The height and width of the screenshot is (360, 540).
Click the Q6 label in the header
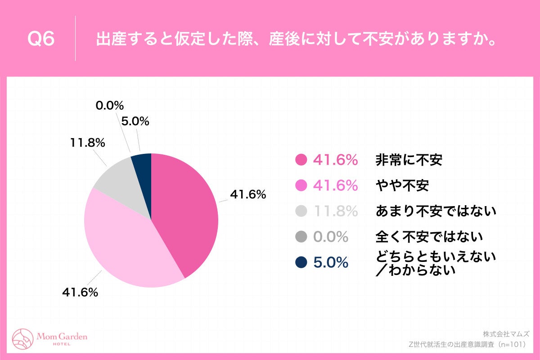41,40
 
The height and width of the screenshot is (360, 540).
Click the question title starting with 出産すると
296,40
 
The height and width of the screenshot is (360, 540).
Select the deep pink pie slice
184,211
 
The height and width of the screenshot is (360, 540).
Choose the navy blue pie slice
142,164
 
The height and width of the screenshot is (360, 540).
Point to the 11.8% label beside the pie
87,143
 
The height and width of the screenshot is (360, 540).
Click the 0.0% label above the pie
109,106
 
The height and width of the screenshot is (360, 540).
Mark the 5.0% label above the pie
135,121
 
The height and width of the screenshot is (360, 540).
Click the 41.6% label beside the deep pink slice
248,195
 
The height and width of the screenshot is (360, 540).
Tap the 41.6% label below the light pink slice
80,292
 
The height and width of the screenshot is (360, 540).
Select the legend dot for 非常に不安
301,160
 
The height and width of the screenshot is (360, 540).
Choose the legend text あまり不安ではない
436,210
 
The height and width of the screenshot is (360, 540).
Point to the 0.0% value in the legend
331,236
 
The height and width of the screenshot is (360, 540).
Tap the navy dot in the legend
301,262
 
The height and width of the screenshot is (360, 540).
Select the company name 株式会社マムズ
506,334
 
